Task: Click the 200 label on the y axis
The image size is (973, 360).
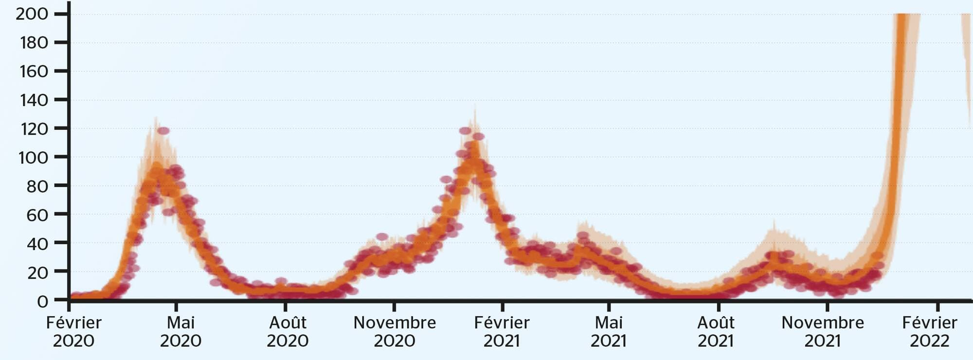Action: (x=32, y=14)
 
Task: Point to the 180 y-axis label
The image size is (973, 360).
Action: (x=34, y=43)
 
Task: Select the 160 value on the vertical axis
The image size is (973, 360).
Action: (x=34, y=72)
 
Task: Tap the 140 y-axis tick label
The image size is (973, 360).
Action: (x=34, y=100)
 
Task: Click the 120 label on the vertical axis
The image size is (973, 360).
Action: (x=34, y=129)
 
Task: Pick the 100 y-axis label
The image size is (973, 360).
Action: (x=33, y=158)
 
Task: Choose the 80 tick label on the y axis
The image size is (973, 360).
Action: (x=37, y=186)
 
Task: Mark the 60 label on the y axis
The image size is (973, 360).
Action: (x=37, y=215)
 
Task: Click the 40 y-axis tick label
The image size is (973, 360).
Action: (x=37, y=244)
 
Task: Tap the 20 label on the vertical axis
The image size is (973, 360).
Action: (x=37, y=272)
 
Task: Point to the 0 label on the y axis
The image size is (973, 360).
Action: (x=43, y=301)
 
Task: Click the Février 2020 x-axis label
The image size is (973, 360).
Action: (x=73, y=331)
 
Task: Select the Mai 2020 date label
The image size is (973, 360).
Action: (x=180, y=331)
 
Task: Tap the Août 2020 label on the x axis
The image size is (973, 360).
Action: (x=288, y=331)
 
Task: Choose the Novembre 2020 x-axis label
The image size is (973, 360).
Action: (x=395, y=331)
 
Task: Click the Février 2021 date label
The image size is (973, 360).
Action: (x=502, y=331)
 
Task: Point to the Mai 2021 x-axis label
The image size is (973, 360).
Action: (x=609, y=331)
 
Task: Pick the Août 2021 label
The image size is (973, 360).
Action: (x=716, y=331)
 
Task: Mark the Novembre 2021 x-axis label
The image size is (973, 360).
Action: (x=823, y=331)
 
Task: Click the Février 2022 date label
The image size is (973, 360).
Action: (x=930, y=331)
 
